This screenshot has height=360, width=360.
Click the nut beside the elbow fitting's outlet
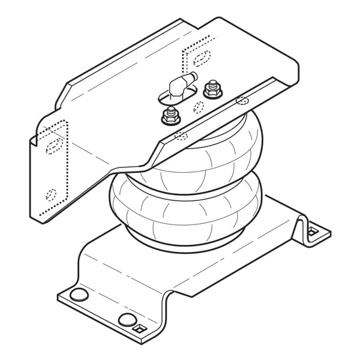(x=211, y=90)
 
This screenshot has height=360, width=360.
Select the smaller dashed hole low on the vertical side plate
(x=51, y=194)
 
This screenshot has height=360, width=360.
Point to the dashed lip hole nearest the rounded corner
(x=241, y=100)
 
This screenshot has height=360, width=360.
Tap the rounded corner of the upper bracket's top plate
(x=294, y=69)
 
